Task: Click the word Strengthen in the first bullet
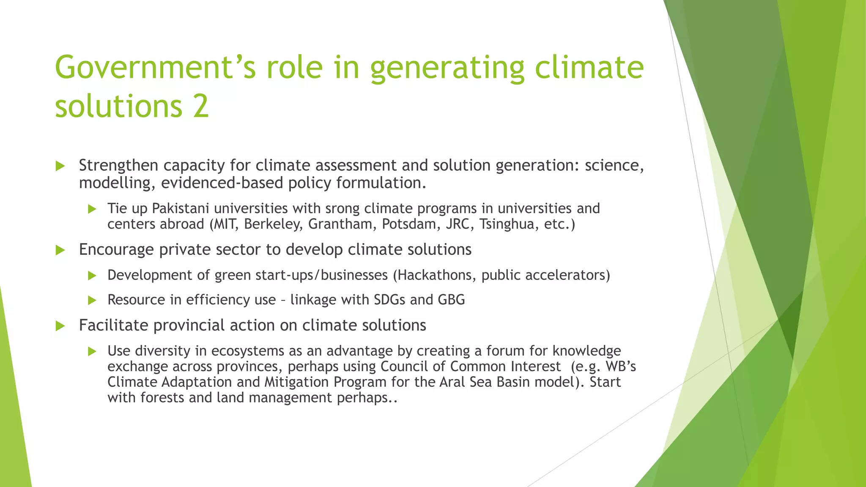[x=118, y=165]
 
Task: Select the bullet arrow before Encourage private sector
[x=60, y=250]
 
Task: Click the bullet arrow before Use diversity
[x=92, y=351]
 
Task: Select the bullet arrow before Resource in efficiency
[x=92, y=301]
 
